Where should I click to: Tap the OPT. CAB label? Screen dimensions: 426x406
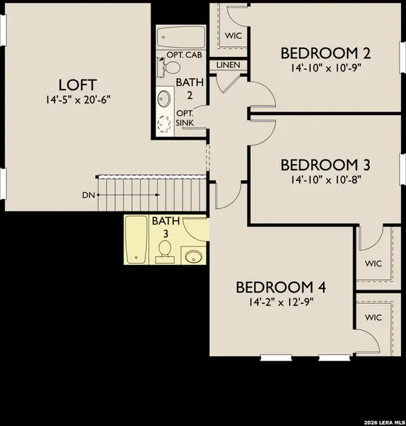pos(182,55)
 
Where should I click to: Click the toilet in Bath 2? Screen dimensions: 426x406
pos(172,67)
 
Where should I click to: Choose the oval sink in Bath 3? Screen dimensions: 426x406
pos(192,256)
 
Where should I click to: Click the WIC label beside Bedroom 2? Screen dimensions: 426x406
pos(234,35)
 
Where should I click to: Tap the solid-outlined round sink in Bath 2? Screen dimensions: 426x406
pos(164,97)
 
